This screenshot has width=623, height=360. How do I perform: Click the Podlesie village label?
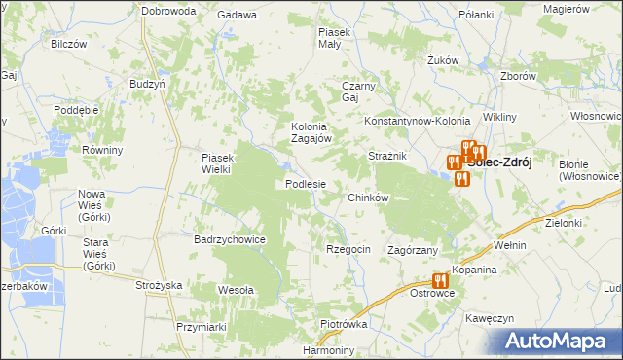click(311, 184)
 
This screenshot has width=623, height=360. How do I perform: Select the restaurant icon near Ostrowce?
click(441, 280)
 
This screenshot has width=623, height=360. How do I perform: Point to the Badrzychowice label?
click(231, 238)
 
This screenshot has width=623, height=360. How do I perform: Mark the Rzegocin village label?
click(348, 249)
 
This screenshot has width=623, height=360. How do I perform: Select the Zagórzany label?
click(414, 250)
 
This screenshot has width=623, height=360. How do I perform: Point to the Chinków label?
click(369, 198)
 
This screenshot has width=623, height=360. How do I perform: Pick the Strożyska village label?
click(160, 285)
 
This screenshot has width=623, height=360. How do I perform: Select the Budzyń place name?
click(146, 84)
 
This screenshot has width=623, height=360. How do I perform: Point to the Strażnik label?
click(386, 156)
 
